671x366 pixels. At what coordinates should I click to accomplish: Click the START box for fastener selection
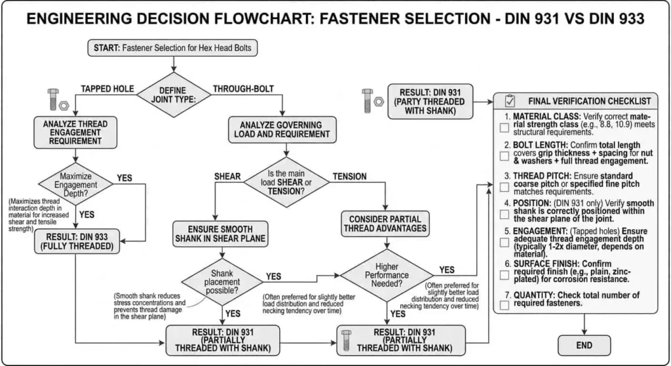174,48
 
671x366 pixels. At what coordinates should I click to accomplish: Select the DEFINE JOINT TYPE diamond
173,95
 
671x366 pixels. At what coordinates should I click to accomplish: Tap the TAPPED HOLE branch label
106,88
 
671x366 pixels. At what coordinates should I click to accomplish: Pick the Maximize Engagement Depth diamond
74,182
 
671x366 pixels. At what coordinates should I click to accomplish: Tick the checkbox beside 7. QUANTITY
505,305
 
